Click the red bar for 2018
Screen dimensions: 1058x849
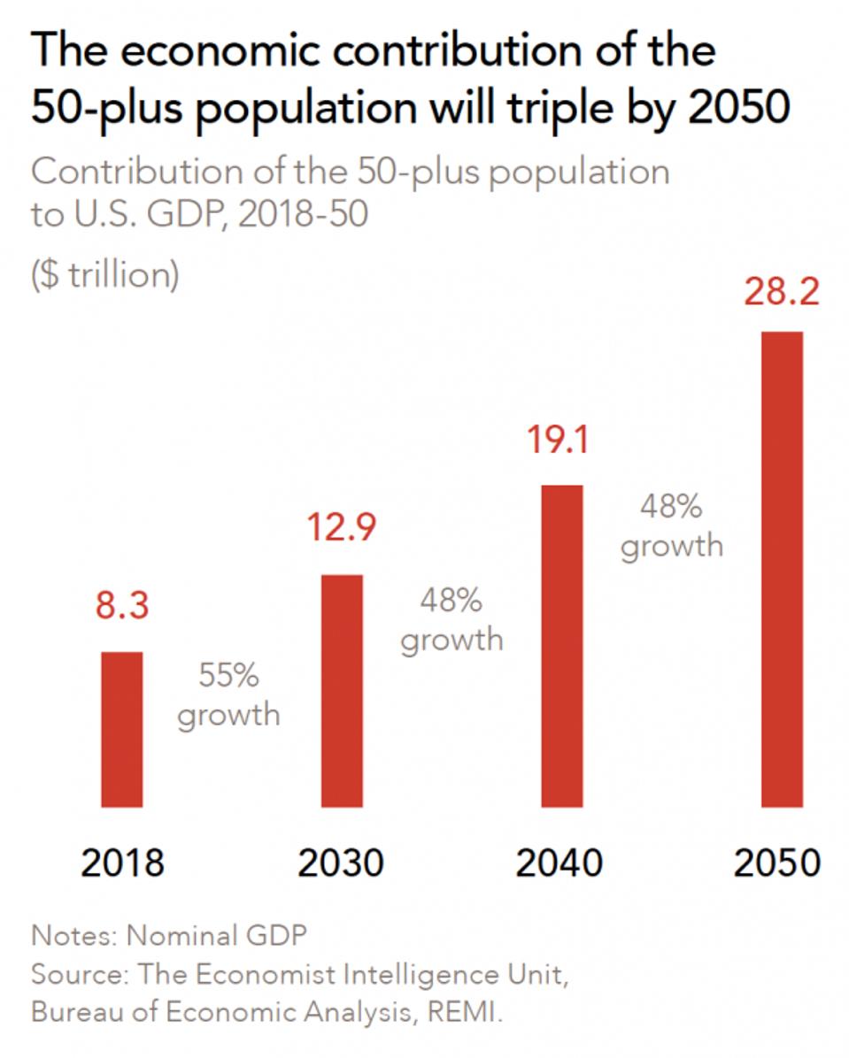122,729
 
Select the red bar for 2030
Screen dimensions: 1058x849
342,691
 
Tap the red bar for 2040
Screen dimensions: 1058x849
561,646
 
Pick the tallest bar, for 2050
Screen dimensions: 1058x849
782,570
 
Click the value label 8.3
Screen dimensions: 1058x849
122,609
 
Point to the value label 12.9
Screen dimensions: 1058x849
342,528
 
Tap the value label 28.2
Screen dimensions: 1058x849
782,293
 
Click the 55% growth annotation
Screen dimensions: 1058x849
228,695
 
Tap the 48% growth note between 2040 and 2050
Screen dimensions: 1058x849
671,525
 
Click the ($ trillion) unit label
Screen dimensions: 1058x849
105,275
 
